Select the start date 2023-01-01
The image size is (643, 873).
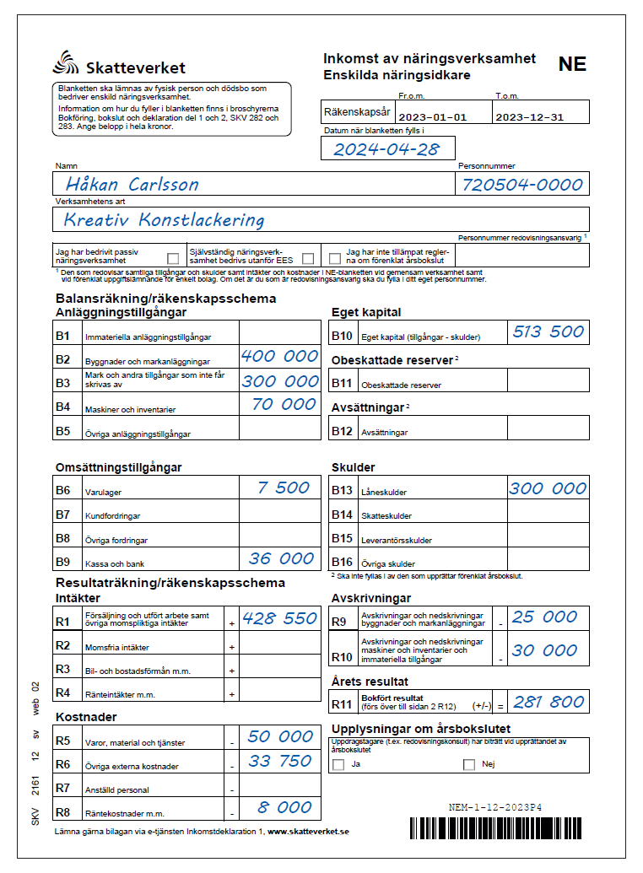click(432, 117)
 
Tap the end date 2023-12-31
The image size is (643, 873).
click(529, 117)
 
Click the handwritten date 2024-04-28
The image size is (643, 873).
click(386, 149)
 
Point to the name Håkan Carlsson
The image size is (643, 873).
click(132, 184)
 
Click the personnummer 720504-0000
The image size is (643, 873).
click(521, 184)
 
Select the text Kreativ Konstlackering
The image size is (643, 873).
click(164, 220)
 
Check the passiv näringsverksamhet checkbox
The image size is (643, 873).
click(173, 258)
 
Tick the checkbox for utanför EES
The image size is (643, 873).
click(308, 258)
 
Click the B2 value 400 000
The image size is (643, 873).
click(279, 356)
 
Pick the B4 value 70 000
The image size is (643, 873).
click(284, 404)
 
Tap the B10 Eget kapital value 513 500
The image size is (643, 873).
click(548, 331)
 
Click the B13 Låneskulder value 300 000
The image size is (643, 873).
click(548, 488)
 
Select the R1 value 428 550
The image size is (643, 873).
click(279, 617)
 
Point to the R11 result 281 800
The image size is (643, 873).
click(548, 701)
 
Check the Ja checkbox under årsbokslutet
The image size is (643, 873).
click(338, 764)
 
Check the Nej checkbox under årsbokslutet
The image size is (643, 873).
click(469, 764)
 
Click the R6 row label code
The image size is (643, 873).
click(63, 764)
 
